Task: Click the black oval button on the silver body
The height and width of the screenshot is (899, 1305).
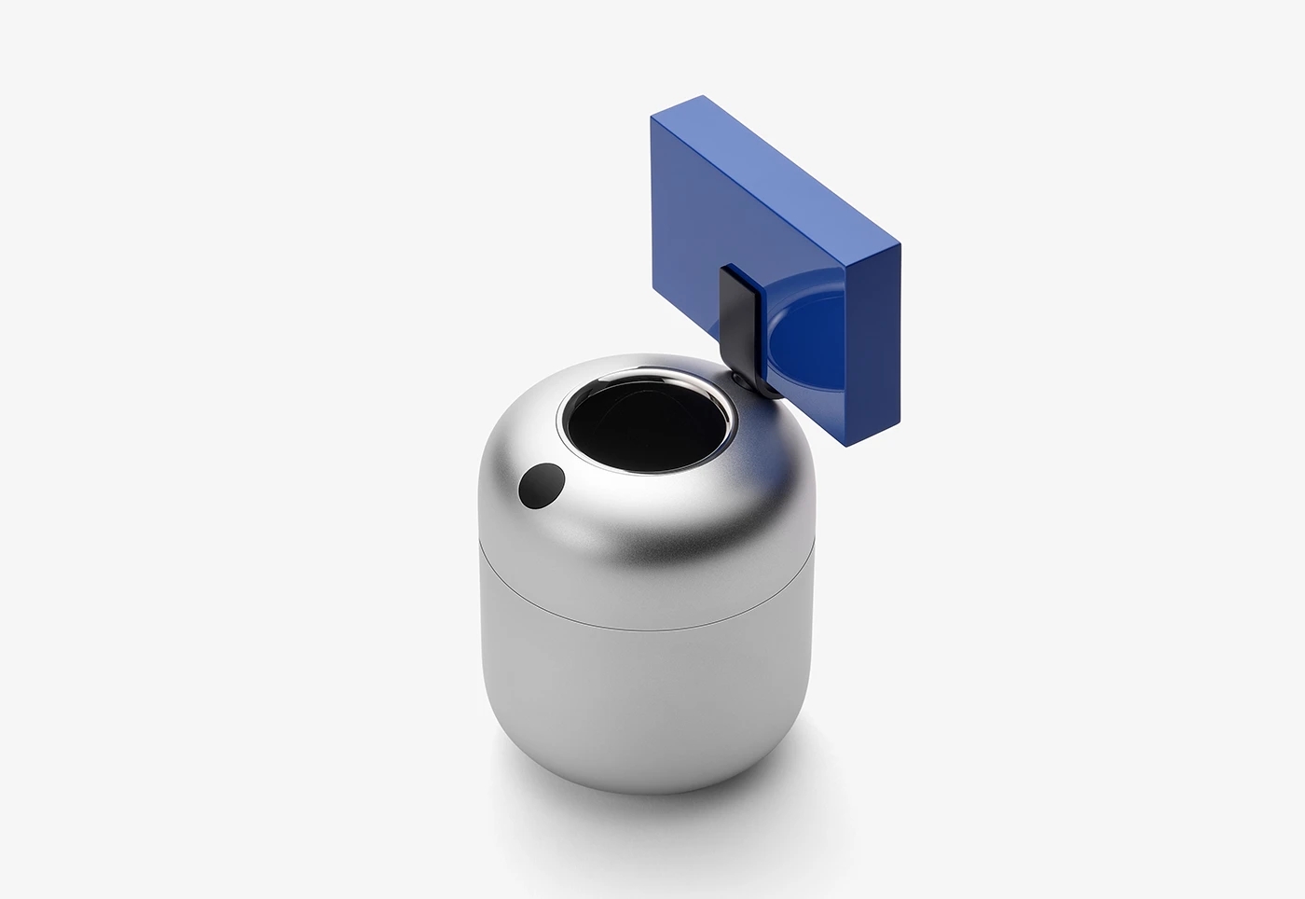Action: coord(542,486)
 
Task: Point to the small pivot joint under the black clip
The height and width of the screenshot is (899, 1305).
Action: coord(742,377)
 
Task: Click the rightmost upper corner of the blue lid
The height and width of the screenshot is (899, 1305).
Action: coord(900,244)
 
